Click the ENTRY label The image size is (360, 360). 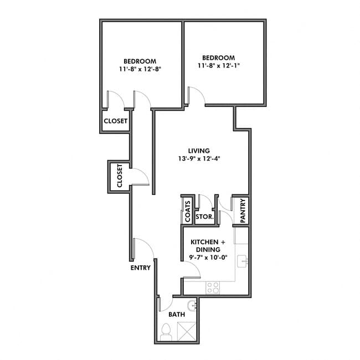(x=141, y=268)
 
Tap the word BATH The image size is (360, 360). (x=176, y=314)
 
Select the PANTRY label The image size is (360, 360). (x=242, y=210)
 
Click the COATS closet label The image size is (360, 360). (x=188, y=211)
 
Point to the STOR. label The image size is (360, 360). (x=204, y=217)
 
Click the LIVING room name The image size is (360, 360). (x=198, y=151)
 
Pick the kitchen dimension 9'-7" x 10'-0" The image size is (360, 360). (x=208, y=258)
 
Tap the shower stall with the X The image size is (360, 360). (x=187, y=331)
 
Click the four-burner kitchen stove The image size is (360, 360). (x=213, y=287)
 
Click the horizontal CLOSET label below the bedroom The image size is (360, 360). (x=116, y=121)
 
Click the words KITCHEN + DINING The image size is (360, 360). (x=208, y=246)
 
